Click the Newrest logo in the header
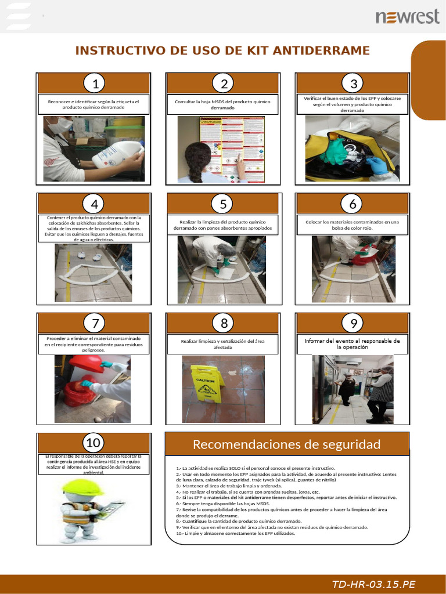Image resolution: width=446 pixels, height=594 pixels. click(407, 17)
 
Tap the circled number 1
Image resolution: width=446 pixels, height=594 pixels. click(94, 84)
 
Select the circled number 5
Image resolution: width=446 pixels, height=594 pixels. click(223, 204)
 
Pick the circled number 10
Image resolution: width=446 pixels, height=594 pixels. click(93, 443)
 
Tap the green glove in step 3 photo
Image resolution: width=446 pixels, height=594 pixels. click(336, 151)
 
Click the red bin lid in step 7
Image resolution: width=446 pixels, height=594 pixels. click(85, 364)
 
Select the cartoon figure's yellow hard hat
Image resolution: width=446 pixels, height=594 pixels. click(81, 487)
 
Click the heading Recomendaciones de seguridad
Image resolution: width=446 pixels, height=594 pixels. click(286, 444)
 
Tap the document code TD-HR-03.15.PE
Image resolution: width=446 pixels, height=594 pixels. click(373, 584)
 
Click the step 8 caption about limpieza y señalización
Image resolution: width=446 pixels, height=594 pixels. click(223, 345)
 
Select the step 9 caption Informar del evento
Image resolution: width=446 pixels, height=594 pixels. click(352, 343)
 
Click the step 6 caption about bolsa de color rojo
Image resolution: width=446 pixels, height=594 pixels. click(352, 224)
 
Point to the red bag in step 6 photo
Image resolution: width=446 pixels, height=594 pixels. click(365, 256)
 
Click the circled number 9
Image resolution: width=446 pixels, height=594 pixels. click(353, 323)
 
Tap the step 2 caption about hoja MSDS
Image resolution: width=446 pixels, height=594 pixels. click(223, 104)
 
